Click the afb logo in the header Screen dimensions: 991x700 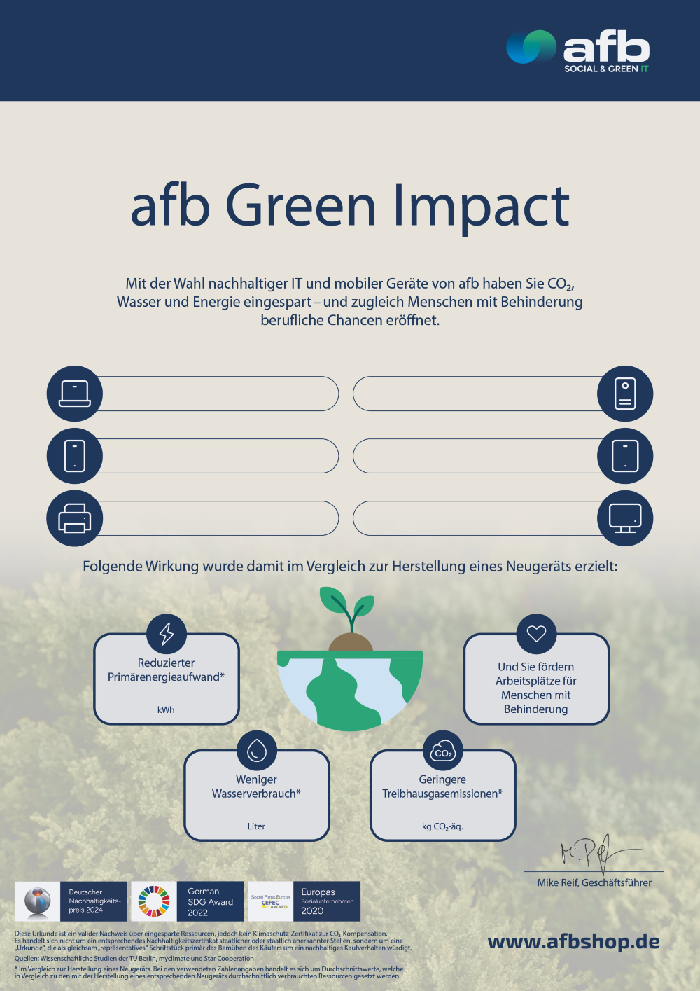578,50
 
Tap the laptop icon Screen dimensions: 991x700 75,394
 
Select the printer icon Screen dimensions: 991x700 75,519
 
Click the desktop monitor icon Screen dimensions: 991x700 625,519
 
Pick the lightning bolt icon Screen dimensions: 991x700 167,633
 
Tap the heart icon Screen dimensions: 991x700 536,633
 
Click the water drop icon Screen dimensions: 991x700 257,750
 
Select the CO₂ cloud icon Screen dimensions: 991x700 443,750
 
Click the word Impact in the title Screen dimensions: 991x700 481,206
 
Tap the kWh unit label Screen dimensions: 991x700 166,709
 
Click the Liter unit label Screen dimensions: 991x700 256,826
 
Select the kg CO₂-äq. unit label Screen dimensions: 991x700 442,826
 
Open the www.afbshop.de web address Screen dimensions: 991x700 573,942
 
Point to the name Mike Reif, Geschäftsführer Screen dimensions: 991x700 594,882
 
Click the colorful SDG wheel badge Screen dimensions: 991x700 154,901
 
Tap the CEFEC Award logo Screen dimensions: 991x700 271,901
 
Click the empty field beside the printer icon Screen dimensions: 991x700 217,519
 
